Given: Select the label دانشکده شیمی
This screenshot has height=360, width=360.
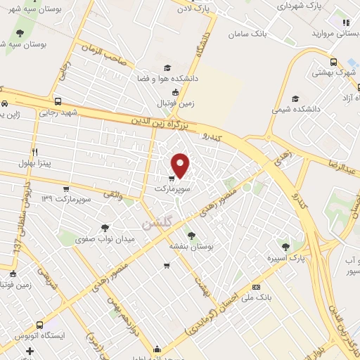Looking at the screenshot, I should [291, 110].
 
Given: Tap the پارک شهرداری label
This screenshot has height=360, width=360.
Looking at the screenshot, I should [304, 6].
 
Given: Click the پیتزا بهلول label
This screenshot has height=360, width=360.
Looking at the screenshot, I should [53, 153].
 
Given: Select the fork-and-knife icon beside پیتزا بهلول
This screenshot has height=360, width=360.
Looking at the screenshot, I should [34, 152].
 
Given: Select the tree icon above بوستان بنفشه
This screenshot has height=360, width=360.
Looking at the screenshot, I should [191, 235].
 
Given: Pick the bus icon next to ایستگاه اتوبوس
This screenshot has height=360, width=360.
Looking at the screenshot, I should [39, 326].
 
